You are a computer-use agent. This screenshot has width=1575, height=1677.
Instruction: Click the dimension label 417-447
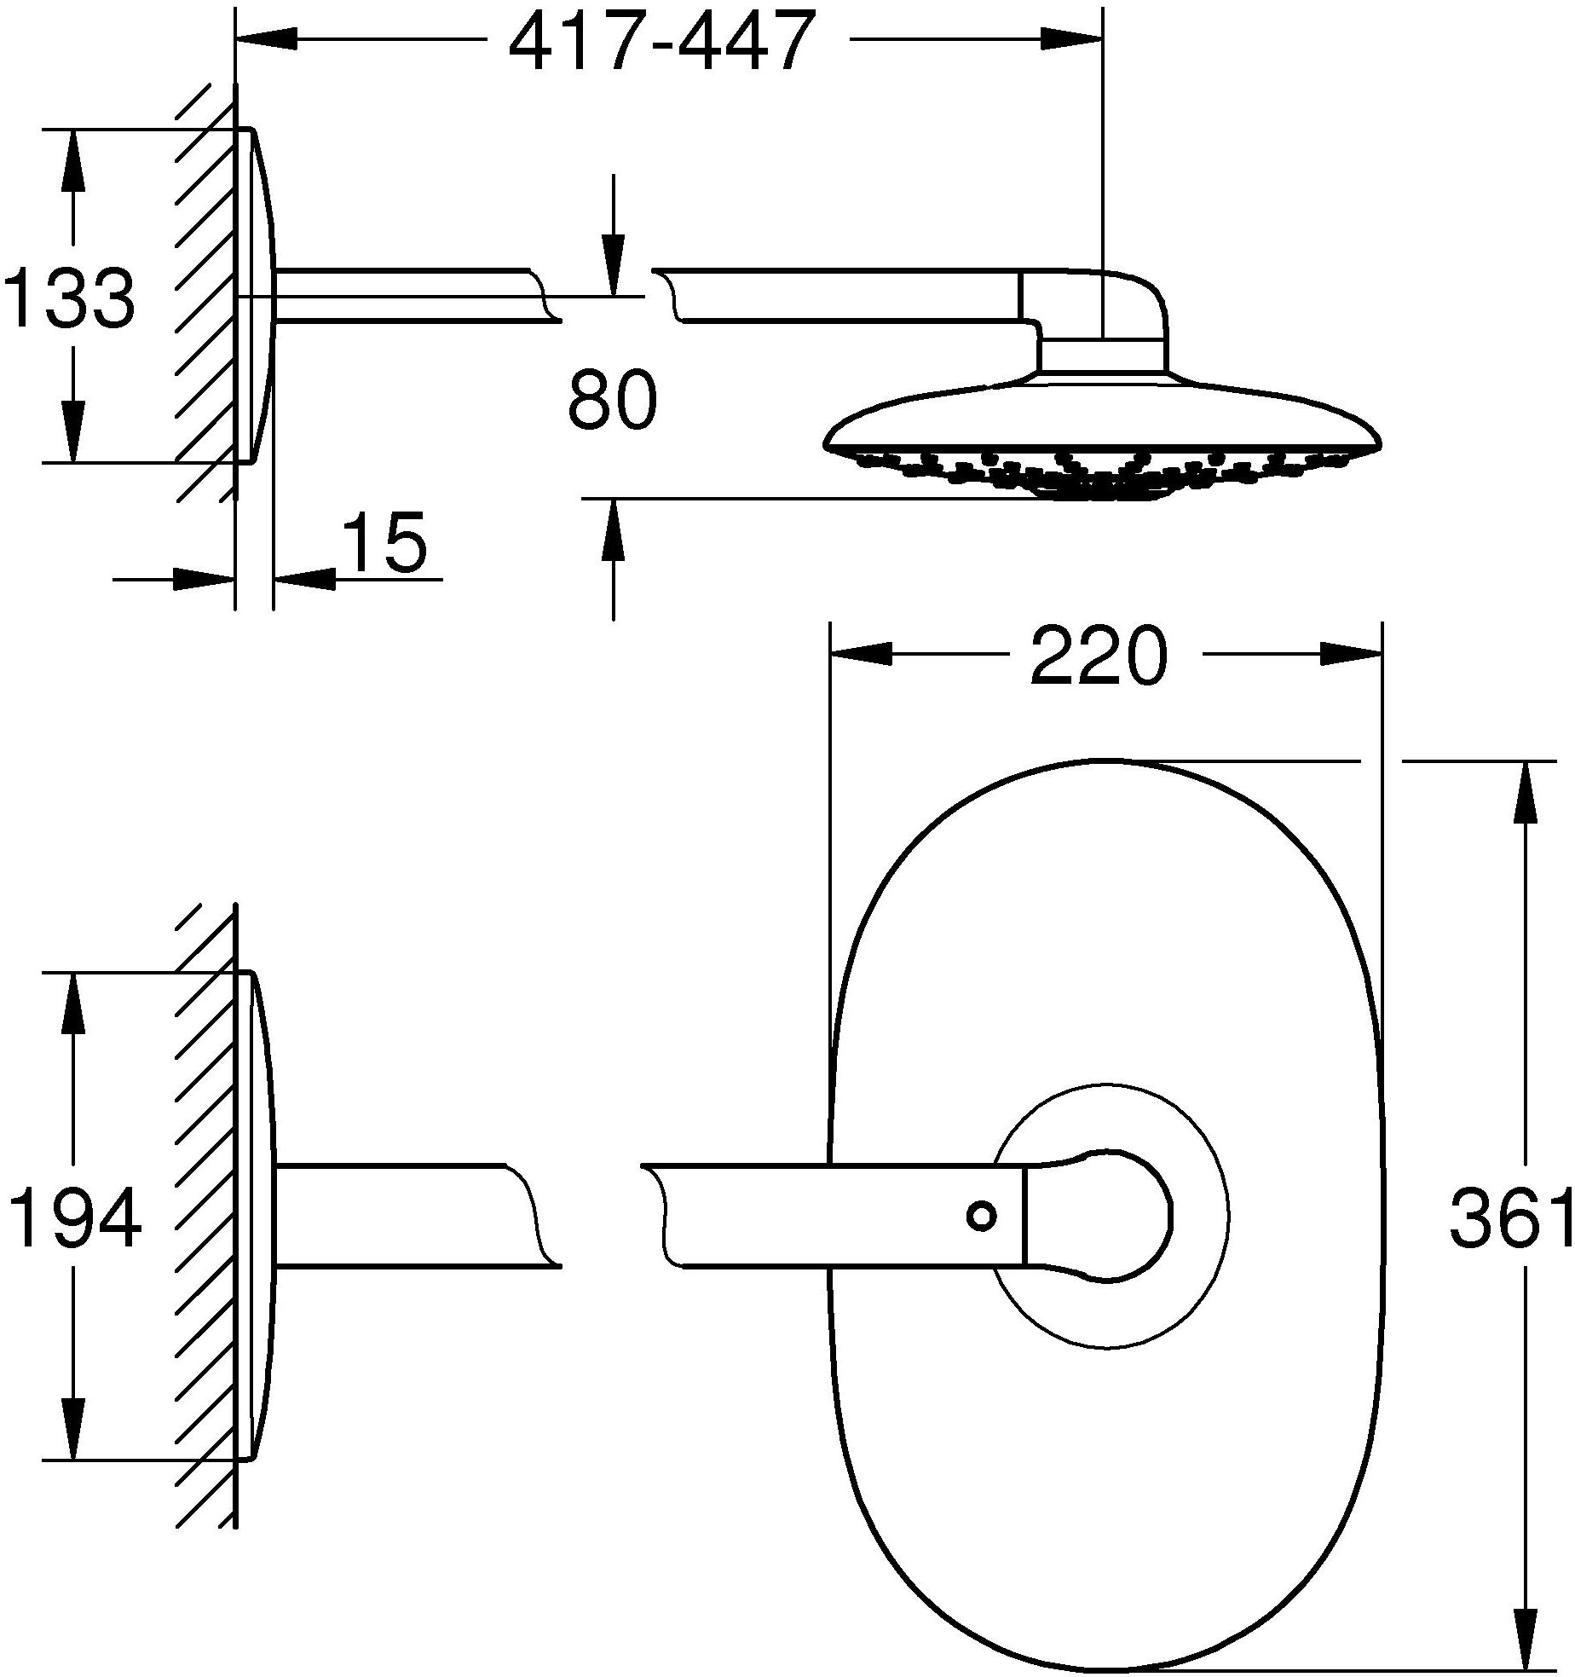pos(657,41)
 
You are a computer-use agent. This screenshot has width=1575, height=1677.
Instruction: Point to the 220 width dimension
pos(1096,655)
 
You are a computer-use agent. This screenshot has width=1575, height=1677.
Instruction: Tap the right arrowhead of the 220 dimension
pos(1352,655)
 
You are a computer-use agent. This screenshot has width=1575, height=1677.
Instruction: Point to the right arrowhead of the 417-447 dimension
pos(1071,38)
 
